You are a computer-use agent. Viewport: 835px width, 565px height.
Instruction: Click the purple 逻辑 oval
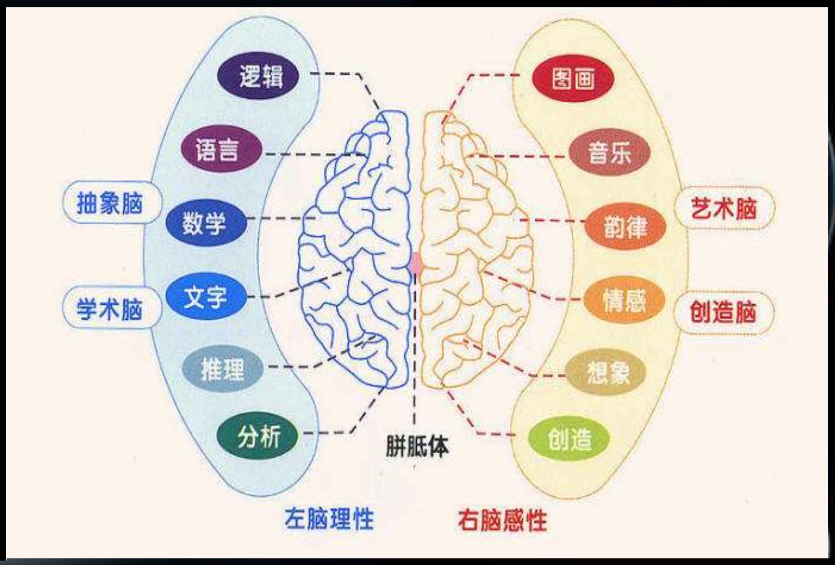click(x=258, y=76)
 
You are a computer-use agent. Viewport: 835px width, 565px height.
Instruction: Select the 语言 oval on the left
click(x=222, y=148)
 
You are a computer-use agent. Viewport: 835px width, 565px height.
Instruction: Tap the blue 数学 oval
click(x=206, y=223)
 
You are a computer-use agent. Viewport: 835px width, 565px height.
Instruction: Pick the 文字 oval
click(x=206, y=296)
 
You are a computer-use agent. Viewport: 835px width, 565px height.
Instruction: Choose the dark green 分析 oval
click(x=258, y=435)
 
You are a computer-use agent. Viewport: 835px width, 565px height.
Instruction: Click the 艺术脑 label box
click(x=724, y=209)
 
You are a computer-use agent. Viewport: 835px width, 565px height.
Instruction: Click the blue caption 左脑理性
click(x=329, y=519)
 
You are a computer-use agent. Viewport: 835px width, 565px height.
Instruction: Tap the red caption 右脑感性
click(x=502, y=520)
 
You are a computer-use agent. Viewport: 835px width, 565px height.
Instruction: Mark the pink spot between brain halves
click(x=416, y=263)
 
